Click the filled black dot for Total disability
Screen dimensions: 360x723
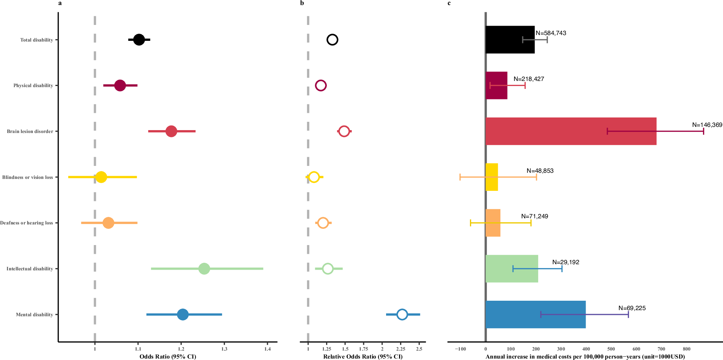(139, 40)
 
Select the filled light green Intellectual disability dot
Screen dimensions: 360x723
(204, 269)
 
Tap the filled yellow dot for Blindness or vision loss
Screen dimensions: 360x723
(101, 177)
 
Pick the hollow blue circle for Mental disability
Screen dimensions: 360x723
(402, 314)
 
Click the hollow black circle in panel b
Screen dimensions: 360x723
(332, 40)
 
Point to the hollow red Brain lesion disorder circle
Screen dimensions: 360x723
(344, 131)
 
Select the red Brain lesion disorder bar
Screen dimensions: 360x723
(570, 131)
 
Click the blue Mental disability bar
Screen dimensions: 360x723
(535, 314)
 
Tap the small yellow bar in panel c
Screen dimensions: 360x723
(492, 177)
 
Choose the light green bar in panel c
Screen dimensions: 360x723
(512, 269)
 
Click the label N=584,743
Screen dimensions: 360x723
(551, 33)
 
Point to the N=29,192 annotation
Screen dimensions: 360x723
(566, 262)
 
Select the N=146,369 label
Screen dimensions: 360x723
(707, 125)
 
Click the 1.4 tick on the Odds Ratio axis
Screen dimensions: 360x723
(268, 349)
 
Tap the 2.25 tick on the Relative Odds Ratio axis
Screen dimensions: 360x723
(401, 349)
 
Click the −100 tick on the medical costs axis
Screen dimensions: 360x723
(460, 349)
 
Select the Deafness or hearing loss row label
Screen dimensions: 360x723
(27, 223)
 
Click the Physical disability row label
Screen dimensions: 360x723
(33, 86)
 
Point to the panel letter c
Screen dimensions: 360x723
(449, 3)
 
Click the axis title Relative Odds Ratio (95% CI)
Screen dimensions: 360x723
(363, 357)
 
